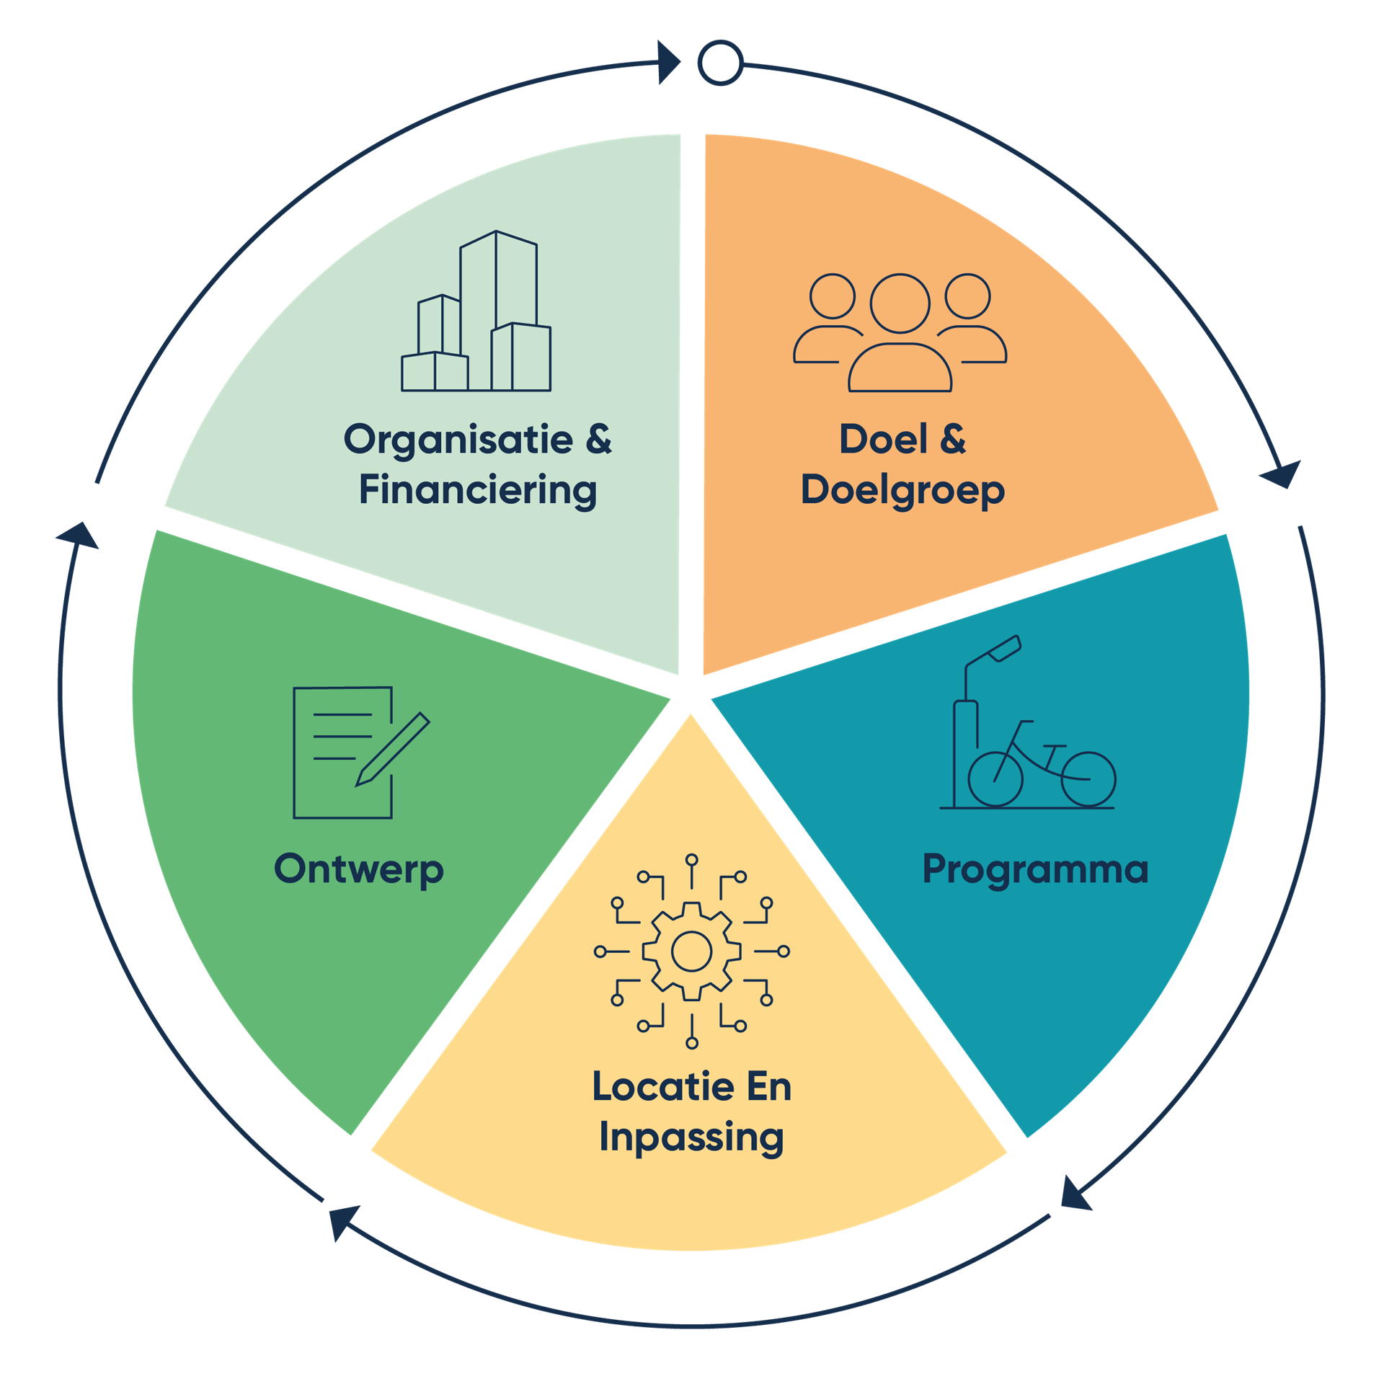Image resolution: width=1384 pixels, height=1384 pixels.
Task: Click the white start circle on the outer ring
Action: tap(720, 63)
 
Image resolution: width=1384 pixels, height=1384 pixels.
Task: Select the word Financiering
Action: tap(478, 491)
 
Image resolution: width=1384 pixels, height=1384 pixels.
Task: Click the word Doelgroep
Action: tap(902, 491)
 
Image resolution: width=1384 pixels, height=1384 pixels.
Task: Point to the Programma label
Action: tap(1035, 869)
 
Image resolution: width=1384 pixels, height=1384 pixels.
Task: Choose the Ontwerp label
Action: tap(358, 869)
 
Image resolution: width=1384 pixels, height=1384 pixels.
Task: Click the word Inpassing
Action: tap(691, 1137)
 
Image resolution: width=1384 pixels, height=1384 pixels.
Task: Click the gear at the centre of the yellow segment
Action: tap(691, 951)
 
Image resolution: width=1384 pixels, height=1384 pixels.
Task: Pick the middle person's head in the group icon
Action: tap(900, 303)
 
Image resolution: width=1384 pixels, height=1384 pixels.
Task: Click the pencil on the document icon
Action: tap(393, 750)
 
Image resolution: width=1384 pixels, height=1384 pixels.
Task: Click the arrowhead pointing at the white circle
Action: tap(669, 62)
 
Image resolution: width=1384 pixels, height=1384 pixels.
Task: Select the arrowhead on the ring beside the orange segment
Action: tap(1282, 474)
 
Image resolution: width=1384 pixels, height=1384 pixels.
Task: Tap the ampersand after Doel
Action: tap(953, 439)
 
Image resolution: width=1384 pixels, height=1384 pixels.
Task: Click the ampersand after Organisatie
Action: tap(598, 439)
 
